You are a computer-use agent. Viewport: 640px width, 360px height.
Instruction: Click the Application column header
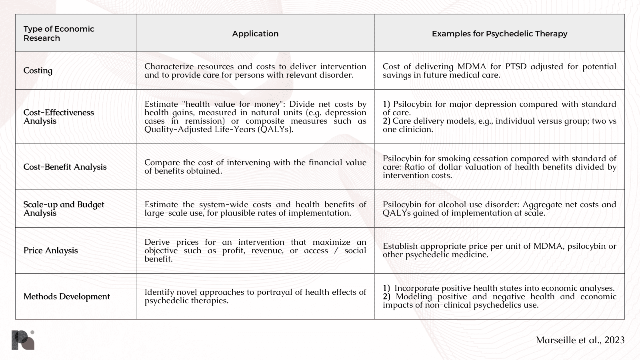coord(255,34)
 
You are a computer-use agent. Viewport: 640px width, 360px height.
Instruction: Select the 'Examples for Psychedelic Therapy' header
coord(499,34)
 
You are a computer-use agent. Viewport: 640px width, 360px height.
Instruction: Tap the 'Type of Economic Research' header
coord(59,33)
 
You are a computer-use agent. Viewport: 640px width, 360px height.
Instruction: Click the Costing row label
coord(38,70)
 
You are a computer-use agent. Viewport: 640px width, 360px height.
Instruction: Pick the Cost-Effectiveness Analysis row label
coord(58,116)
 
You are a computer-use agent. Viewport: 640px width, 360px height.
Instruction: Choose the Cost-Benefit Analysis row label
coord(65,167)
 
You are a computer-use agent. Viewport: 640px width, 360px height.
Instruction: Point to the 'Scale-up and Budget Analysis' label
coord(64,208)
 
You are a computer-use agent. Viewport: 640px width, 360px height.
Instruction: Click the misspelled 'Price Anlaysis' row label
coord(50,250)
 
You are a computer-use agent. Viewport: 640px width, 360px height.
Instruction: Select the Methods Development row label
coord(66,296)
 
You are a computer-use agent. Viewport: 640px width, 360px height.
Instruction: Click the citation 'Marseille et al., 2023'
coord(580,340)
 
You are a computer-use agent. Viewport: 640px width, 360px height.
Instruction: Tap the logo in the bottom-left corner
coord(23,340)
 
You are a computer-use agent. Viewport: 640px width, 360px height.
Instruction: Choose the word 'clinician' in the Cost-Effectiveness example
coord(415,129)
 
